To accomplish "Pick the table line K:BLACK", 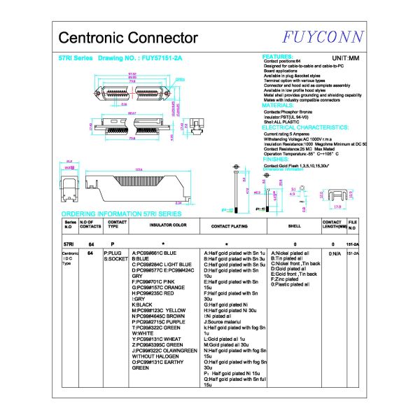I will (142, 304).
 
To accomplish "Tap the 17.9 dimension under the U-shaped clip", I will (337, 207).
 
